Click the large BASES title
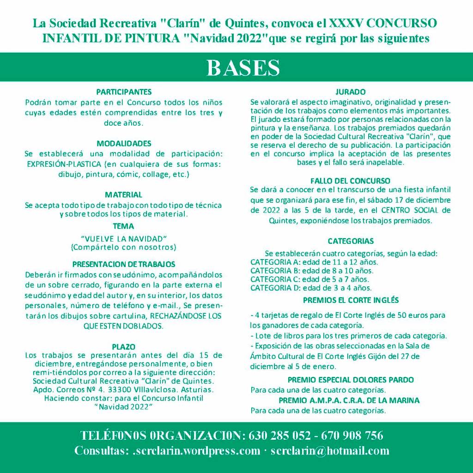point(243,67)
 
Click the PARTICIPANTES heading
point(124,92)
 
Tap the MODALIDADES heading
point(124,144)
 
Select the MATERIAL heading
point(123,195)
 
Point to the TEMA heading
point(123,226)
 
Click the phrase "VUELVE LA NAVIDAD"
point(123,238)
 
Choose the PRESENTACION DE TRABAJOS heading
point(124,265)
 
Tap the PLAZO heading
point(123,346)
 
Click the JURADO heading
point(351,92)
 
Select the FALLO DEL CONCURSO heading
point(351,181)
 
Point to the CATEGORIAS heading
point(351,241)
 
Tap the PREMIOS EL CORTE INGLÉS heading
point(351,300)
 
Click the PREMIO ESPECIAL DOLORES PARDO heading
point(351,380)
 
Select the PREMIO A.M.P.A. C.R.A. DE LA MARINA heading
point(349,400)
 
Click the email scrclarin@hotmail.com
point(330,451)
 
